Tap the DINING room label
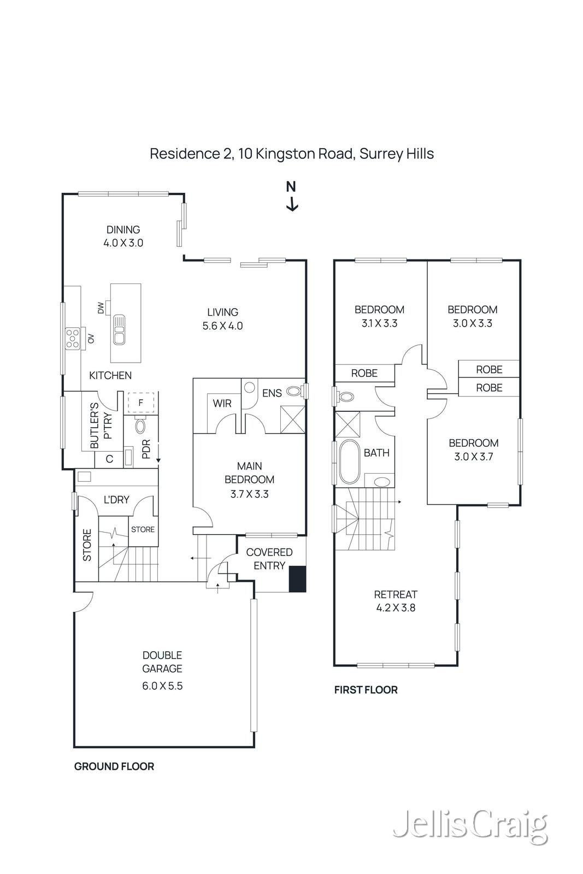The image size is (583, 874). pos(123,230)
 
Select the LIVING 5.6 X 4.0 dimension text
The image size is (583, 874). pos(222,326)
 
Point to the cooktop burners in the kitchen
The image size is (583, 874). pos(72,338)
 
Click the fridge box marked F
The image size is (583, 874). pos(141,403)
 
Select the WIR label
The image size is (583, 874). pos(222,404)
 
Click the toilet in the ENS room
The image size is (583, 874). pos(295,391)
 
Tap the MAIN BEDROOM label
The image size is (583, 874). pos(249,473)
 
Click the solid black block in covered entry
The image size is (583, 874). pos(297,579)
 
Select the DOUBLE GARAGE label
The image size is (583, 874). pos(162,662)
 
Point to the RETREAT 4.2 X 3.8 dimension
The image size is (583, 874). pos(396,608)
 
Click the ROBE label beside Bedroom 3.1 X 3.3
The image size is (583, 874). pos(364,373)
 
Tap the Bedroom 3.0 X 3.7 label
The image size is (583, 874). pos(473,450)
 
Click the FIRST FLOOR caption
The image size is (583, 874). pos(366,690)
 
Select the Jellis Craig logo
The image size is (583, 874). pos(470,826)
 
